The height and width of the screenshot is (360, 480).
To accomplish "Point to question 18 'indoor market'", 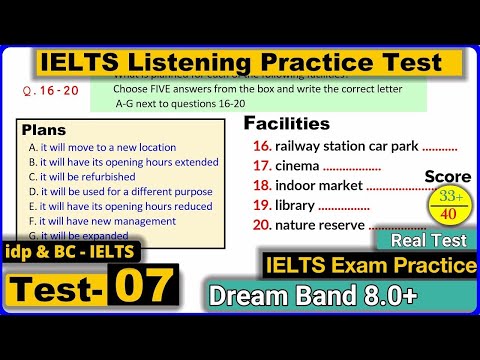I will [x=330, y=186].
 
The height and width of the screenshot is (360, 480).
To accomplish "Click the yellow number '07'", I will [x=140, y=287].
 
